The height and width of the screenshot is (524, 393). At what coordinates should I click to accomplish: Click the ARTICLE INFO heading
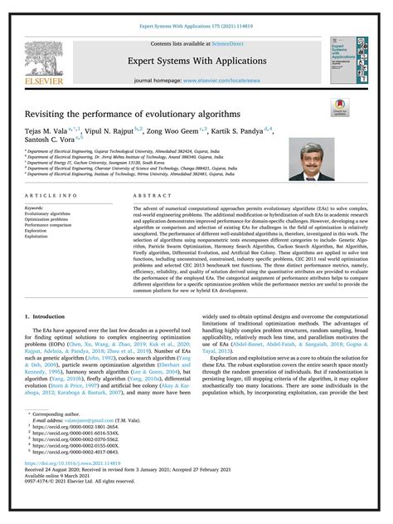[52, 194]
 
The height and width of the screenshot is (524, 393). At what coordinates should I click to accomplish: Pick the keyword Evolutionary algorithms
[47, 213]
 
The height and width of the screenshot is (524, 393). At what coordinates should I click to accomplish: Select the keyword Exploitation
[38, 237]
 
